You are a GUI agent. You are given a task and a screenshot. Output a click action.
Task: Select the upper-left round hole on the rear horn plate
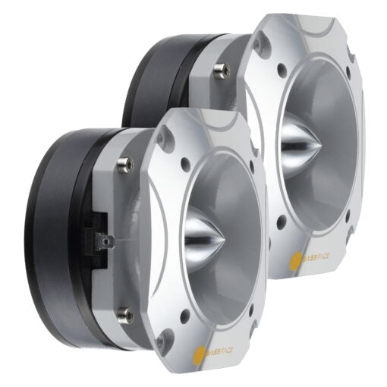click(282, 67)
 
